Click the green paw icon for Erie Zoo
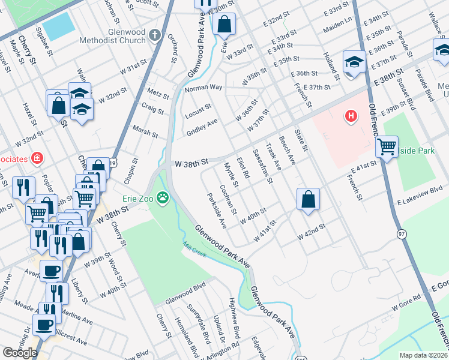pos(163,196)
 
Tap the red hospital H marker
pos(351,115)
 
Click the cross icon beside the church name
pos(155,35)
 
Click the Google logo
pos(19,353)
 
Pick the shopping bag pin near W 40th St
pos(307,199)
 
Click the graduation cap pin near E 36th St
pos(354,61)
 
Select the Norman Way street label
pos(203,88)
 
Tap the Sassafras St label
pos(262,166)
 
